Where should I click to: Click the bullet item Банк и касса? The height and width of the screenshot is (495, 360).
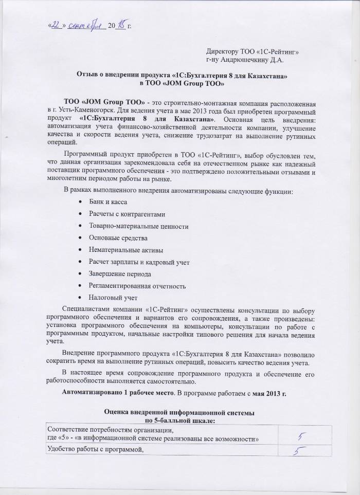108,204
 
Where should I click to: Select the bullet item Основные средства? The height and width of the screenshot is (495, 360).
118,239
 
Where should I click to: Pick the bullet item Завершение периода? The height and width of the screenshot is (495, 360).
120,274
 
